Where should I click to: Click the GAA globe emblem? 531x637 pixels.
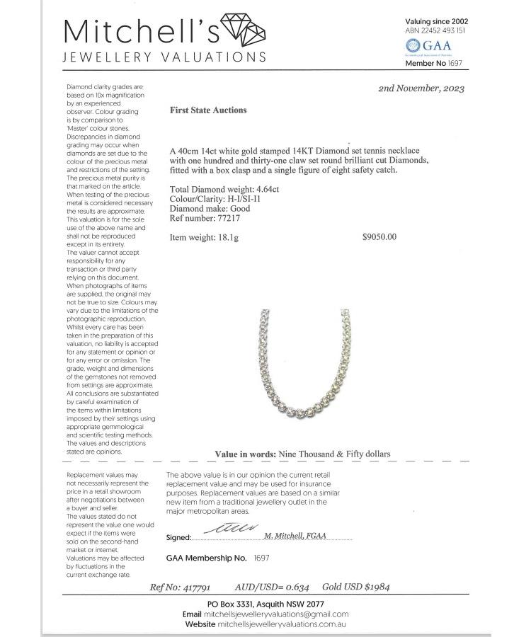(x=411, y=46)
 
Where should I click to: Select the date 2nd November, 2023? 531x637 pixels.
(x=421, y=88)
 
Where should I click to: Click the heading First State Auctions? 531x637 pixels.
(x=208, y=110)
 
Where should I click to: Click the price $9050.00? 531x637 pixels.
(x=379, y=237)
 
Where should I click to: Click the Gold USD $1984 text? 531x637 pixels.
(x=355, y=587)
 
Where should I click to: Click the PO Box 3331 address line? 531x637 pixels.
(x=265, y=604)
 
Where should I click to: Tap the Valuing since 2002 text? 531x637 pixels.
(x=436, y=21)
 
